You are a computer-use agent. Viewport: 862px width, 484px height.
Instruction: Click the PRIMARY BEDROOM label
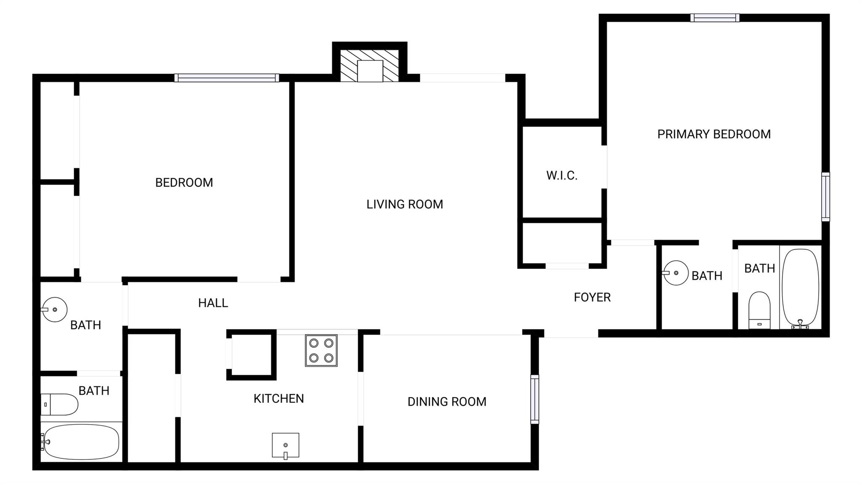point(714,134)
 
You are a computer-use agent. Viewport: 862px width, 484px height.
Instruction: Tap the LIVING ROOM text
point(404,204)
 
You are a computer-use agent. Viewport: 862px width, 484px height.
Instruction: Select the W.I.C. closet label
point(562,175)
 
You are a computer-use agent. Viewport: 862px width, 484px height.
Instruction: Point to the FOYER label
point(592,297)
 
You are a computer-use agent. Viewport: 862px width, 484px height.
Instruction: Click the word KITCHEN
point(279,399)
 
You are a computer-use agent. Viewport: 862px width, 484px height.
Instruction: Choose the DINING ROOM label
point(447,402)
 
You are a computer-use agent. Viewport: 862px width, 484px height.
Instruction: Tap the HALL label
point(213,303)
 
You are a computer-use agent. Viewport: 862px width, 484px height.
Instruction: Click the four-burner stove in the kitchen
point(321,351)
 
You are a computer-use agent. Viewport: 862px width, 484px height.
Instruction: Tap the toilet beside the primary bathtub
point(760,310)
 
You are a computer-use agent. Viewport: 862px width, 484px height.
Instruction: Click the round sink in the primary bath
point(676,273)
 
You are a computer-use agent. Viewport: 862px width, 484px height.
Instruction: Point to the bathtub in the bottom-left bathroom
point(80,442)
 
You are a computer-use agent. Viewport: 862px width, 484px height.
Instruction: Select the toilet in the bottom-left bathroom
point(59,405)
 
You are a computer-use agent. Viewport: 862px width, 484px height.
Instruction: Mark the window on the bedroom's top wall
point(227,78)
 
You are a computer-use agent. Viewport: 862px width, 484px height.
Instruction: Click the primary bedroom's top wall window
point(715,18)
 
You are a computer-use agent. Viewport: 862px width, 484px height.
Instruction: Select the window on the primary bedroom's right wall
point(826,197)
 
